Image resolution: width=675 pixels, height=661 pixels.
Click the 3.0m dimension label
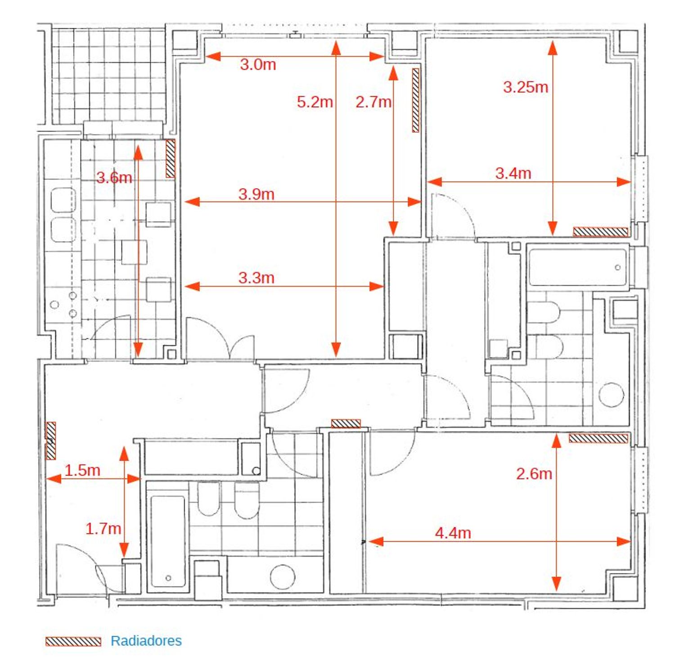pos(258,64)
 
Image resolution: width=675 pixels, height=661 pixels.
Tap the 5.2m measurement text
pos(315,102)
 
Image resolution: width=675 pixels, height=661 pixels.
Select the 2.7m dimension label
pos(373,102)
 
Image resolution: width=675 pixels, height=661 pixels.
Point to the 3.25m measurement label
pos(526,87)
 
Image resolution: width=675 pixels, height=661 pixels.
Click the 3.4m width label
pos(513,173)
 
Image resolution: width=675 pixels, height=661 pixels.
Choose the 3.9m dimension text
pos(256,194)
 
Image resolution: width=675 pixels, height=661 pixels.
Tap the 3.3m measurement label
pos(256,278)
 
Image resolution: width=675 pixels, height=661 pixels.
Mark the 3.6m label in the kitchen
pos(114,178)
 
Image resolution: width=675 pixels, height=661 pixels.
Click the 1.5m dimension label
pos(82,470)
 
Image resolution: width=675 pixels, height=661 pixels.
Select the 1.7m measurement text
pos(103,528)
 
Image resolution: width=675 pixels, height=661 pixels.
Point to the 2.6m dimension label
pos(534,473)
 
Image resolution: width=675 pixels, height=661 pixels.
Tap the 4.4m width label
pos(453,533)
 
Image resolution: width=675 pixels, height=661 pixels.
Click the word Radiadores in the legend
pos(146,641)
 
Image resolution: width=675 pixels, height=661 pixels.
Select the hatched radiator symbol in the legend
pos(73,642)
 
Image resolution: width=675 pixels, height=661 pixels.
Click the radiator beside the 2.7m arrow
pos(416,100)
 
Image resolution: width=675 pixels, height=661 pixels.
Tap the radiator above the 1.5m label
pos(51,441)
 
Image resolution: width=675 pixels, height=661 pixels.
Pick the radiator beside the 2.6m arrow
pos(598,438)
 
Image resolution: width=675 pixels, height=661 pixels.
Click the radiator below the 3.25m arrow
pos(601,232)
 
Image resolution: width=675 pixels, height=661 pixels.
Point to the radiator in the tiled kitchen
pos(170,158)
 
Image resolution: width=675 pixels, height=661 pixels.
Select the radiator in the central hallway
pos(346,423)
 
